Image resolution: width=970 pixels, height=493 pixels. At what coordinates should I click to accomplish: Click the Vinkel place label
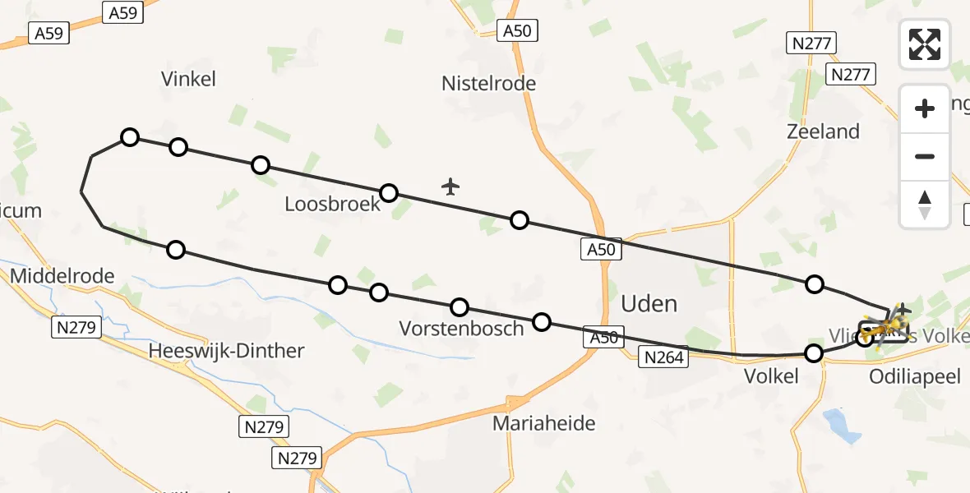188,79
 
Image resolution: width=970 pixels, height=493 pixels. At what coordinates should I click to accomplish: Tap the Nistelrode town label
488,83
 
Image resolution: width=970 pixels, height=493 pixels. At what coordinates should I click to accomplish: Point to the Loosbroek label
333,204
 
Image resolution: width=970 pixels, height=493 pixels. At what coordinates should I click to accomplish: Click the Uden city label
649,303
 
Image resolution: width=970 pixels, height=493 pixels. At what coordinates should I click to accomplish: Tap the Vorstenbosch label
461,329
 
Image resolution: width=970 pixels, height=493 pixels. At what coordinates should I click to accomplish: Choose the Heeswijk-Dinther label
226,351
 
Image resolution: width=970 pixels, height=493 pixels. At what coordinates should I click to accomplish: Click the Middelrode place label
62,276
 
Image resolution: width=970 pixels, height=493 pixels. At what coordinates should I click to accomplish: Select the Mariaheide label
543,424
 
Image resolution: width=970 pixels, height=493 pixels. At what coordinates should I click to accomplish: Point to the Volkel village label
770,376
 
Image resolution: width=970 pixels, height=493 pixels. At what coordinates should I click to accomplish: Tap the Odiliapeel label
915,376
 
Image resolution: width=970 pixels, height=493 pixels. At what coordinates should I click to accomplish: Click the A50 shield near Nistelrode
518,31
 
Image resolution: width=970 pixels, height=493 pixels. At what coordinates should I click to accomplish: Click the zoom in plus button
925,108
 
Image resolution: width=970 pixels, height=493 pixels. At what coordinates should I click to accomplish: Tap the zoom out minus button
925,156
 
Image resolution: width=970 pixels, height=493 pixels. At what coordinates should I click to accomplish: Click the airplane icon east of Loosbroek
450,187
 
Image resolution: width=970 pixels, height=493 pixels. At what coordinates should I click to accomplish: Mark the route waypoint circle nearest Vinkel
129,136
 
